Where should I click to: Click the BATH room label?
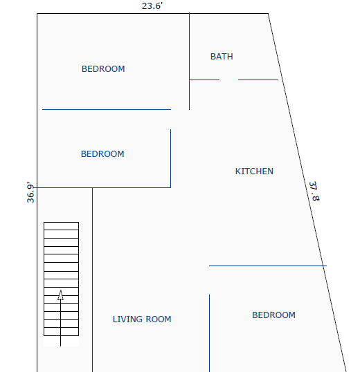pos(222,57)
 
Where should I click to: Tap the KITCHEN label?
pos(254,171)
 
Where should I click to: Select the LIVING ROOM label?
pos(142,319)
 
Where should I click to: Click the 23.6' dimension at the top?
pos(152,6)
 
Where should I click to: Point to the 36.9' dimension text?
pos(30,192)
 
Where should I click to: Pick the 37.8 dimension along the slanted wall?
pos(314,192)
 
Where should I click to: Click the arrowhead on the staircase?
pos(60,295)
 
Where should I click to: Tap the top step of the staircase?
pos(61,226)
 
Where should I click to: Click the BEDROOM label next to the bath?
pos(103,69)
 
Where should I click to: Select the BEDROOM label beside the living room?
pos(273,315)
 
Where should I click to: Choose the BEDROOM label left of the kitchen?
pos(102,154)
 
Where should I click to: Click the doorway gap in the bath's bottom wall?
pos(228,80)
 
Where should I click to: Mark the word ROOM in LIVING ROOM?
pos(159,319)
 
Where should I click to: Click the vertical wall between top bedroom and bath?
pos(189,62)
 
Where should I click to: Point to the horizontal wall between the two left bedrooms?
pos(107,110)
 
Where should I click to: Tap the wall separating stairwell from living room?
pos(92,280)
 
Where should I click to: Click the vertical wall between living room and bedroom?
pos(210,333)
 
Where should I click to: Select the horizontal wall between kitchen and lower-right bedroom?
pos(268,266)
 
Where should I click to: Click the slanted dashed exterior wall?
pos(307,193)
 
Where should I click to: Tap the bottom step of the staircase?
pos(61,331)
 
